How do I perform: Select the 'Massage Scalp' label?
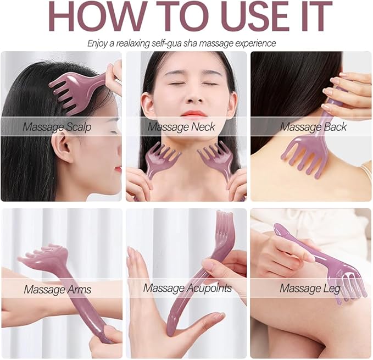[57, 127]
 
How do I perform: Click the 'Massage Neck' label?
[181, 127]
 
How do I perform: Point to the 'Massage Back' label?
[314, 127]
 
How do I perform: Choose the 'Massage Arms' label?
[57, 289]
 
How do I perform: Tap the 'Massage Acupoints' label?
[187, 288]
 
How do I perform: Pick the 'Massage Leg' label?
[310, 288]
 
